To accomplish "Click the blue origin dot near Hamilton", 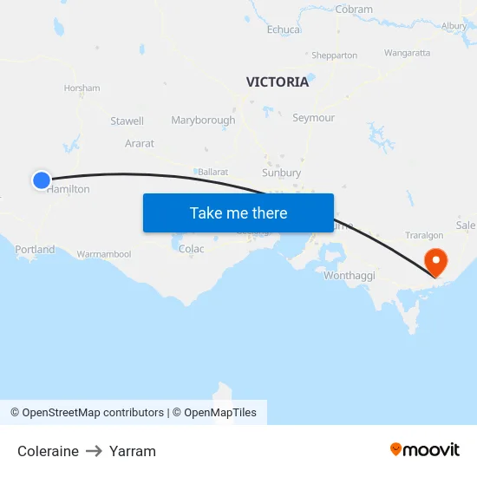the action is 42,180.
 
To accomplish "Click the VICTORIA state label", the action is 277,82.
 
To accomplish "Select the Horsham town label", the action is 82,88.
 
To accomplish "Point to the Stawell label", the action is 127,121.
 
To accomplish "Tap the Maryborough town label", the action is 203,121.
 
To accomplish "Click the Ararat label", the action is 139,143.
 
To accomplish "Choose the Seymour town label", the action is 313,118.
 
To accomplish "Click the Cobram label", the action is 354,10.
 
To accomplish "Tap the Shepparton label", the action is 334,56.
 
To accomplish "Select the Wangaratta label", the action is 407,53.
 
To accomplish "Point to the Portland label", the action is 35,250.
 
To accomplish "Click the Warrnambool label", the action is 104,254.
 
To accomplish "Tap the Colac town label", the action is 191,249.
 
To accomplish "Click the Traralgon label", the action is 425,235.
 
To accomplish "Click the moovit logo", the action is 424,450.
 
